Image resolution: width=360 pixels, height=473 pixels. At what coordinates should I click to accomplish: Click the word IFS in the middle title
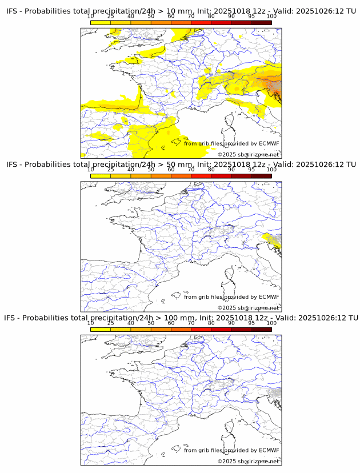point(14,165)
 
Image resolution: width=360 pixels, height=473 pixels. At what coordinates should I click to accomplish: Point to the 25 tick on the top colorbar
point(111,17)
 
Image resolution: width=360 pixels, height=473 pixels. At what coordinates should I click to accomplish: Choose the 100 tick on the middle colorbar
point(271,170)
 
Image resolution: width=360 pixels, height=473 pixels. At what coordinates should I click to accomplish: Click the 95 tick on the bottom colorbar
point(251,323)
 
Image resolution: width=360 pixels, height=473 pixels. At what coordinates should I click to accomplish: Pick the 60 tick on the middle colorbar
point(171,170)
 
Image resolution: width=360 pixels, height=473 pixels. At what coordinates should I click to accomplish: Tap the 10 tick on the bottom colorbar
point(91,323)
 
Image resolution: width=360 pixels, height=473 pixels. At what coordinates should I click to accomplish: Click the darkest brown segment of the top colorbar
point(261,22)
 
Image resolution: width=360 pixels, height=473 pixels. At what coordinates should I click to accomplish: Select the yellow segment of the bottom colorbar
point(101,330)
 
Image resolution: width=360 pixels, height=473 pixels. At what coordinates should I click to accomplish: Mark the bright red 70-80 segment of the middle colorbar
point(201,176)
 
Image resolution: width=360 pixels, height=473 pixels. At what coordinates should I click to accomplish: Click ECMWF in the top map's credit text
point(269,144)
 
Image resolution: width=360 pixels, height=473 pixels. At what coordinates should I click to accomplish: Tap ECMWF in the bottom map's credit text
point(269,450)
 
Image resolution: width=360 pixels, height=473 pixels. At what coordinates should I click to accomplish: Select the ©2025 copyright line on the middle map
point(249,308)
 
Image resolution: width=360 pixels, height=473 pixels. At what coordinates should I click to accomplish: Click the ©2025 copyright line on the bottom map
point(249,461)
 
